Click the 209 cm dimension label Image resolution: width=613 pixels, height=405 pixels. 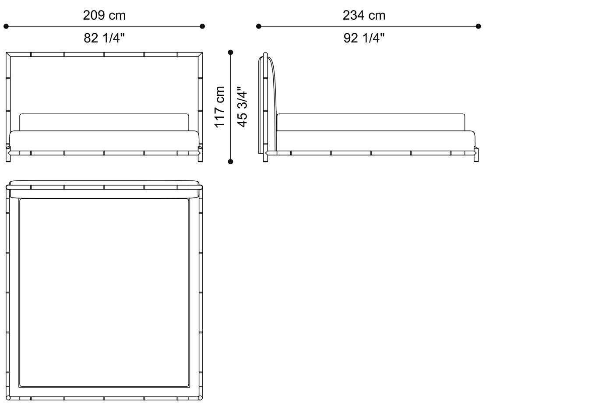[x=104, y=15]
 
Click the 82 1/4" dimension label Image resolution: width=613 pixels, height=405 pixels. [x=104, y=38]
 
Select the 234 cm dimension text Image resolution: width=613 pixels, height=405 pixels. [x=364, y=15]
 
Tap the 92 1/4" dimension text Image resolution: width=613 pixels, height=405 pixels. [x=364, y=38]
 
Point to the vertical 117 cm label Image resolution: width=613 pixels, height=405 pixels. [x=219, y=107]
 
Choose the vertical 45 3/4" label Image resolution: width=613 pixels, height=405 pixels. [x=242, y=107]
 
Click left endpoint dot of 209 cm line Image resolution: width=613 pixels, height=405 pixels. [x=6, y=26]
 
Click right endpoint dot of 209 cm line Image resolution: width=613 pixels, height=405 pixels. [x=202, y=26]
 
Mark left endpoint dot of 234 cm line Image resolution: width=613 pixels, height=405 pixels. [x=259, y=26]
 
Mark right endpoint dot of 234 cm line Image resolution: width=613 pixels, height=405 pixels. [x=478, y=26]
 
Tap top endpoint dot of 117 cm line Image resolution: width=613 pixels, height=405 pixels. [x=231, y=53]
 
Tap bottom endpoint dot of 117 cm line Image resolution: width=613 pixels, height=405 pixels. [x=231, y=162]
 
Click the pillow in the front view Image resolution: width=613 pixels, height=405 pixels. [x=104, y=122]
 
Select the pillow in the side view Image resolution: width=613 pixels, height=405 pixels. [x=370, y=122]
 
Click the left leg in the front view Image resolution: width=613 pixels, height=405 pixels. [x=8, y=157]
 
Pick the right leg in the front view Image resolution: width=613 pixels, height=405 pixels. [x=201, y=157]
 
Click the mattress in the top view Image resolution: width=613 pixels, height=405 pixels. [x=104, y=292]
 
